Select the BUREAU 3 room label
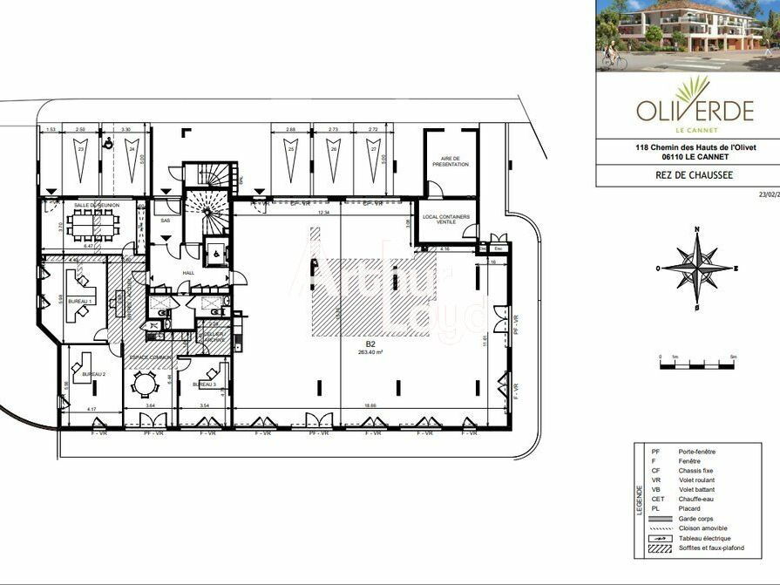[x=204, y=384]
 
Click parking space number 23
[x=81, y=149]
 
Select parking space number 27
[x=373, y=149]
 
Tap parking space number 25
[x=289, y=149]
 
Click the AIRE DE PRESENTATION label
[x=450, y=161]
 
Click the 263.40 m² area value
[x=370, y=353]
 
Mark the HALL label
[x=187, y=272]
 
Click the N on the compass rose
[x=696, y=229]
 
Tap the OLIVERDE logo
[x=694, y=105]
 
